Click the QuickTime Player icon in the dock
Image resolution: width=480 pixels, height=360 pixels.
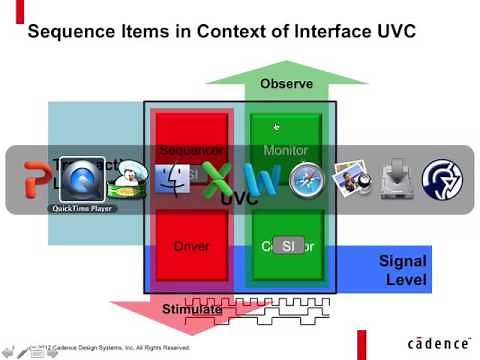pyautogui.click(x=83, y=181)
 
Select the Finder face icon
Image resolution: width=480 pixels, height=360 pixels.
pyautogui.click(x=170, y=180)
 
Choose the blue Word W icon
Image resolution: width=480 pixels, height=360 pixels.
pyautogui.click(x=261, y=180)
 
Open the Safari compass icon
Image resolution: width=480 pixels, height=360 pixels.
pyautogui.click(x=306, y=180)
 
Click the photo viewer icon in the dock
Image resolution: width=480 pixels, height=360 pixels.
pyautogui.click(x=351, y=180)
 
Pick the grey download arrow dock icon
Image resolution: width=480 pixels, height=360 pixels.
pyautogui.click(x=396, y=180)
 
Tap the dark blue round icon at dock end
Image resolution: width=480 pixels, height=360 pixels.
pyautogui.click(x=441, y=180)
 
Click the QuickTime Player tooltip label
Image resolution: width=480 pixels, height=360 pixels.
pyautogui.click(x=83, y=209)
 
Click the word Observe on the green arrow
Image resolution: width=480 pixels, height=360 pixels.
pyautogui.click(x=286, y=84)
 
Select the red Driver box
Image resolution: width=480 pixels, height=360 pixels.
pyautogui.click(x=193, y=246)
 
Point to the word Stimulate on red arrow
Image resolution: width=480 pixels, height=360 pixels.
pyautogui.click(x=192, y=309)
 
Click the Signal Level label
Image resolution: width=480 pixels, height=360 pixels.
pyautogui.click(x=404, y=270)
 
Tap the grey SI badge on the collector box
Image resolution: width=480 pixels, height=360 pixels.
pyautogui.click(x=287, y=246)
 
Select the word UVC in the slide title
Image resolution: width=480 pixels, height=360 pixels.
pyautogui.click(x=391, y=32)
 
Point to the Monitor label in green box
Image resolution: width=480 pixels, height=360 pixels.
pyautogui.click(x=286, y=151)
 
